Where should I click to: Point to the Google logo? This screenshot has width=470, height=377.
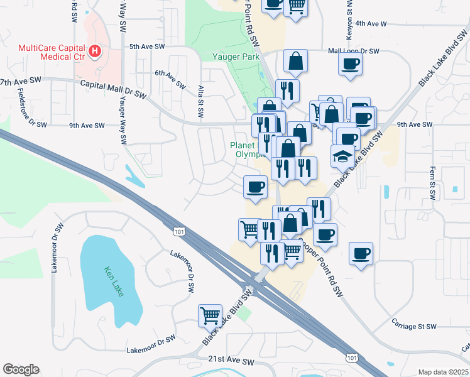(x=21, y=369)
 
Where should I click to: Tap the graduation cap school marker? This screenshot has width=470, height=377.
(x=342, y=155)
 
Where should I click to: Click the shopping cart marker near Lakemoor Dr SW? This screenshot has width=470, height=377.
(x=210, y=315)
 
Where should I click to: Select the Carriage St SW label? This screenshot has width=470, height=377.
(x=414, y=327)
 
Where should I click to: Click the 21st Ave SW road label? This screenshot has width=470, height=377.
(x=231, y=362)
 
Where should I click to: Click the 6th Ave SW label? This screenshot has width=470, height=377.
(x=170, y=78)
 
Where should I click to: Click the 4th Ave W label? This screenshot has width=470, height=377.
(x=370, y=23)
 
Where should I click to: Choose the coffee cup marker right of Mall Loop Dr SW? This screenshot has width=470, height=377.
(x=350, y=63)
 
